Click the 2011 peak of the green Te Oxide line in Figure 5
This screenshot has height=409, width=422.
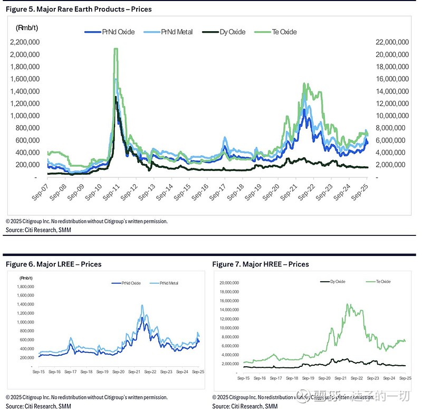[116, 49]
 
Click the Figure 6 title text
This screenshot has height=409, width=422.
[53, 264]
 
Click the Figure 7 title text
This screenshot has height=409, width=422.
[261, 264]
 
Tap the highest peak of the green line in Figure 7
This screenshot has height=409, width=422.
[347, 304]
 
